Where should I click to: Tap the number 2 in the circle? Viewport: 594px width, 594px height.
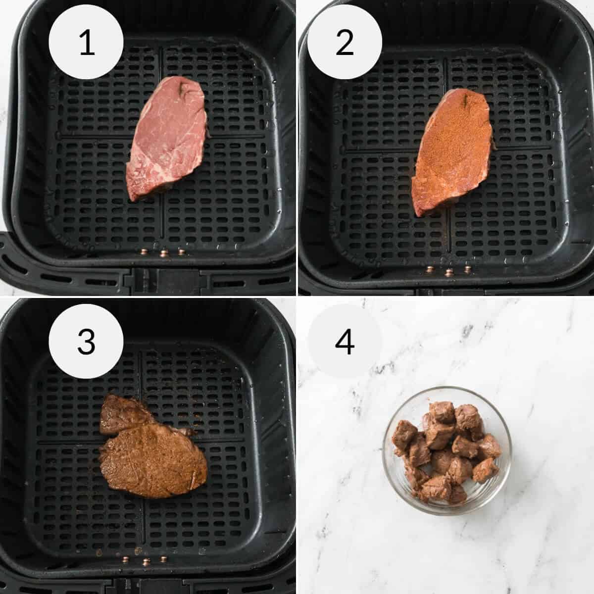pos(345,43)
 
